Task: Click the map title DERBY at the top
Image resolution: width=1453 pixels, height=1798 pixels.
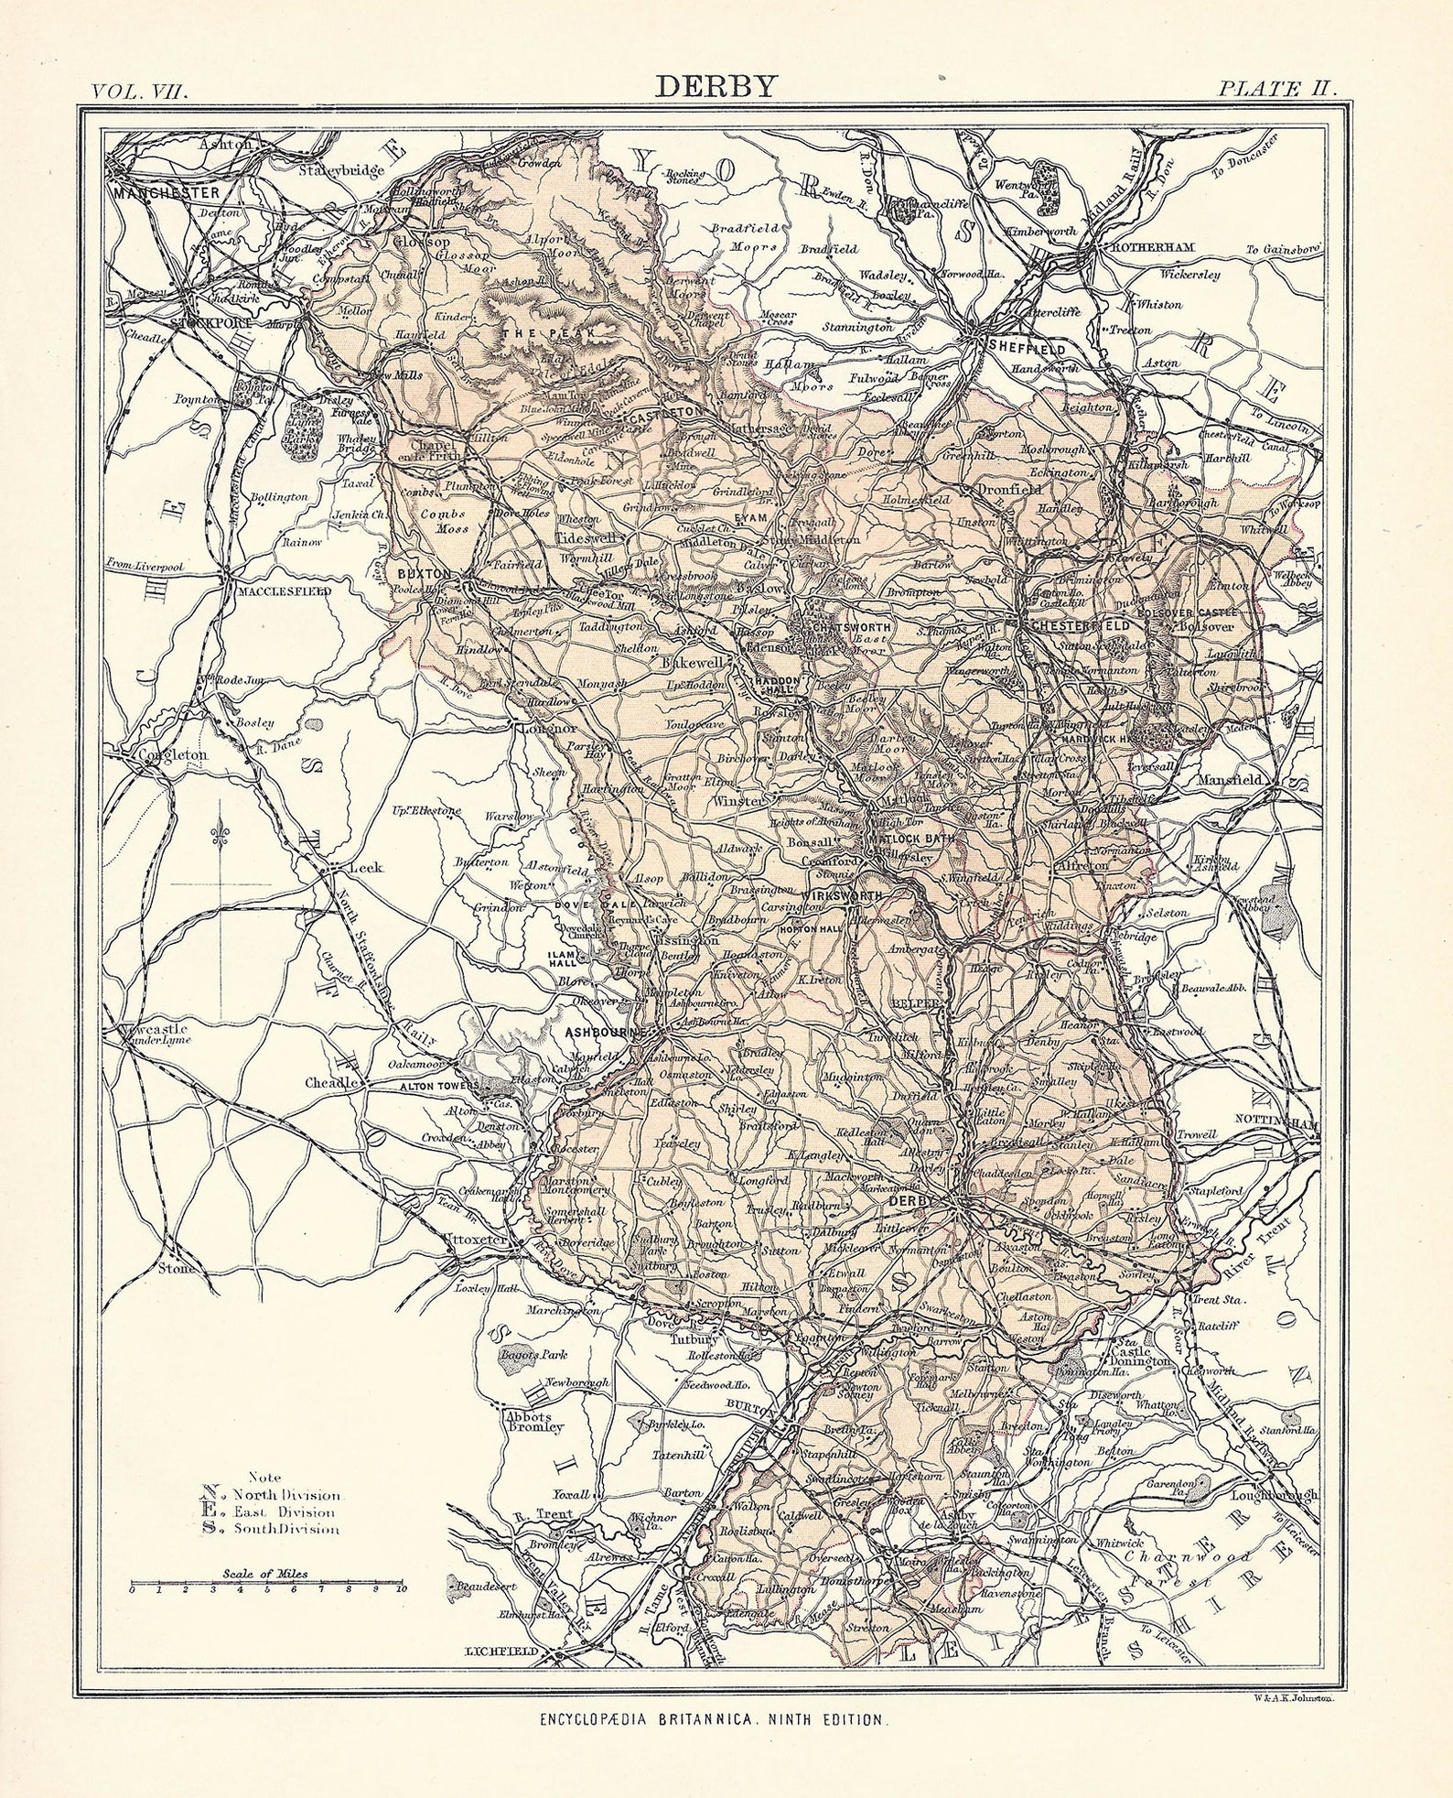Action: tap(716, 86)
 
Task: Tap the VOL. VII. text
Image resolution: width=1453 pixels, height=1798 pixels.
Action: tap(139, 91)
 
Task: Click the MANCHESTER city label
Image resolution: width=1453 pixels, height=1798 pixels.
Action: tap(167, 193)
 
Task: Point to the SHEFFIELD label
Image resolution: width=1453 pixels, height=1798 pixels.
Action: tap(1026, 349)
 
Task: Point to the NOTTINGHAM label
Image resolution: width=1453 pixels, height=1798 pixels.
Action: tap(1276, 1123)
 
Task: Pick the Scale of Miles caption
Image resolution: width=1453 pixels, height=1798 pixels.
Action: tap(265, 1575)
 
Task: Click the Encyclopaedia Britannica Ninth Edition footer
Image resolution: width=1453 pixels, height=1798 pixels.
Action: tap(711, 1720)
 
